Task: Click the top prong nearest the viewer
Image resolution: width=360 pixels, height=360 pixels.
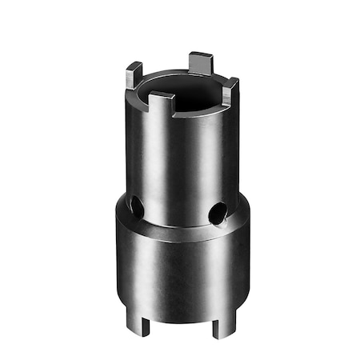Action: coord(162,103)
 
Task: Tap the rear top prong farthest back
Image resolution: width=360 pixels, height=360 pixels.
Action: coord(200,63)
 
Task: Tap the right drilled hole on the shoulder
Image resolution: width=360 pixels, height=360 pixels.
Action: coord(216,213)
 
